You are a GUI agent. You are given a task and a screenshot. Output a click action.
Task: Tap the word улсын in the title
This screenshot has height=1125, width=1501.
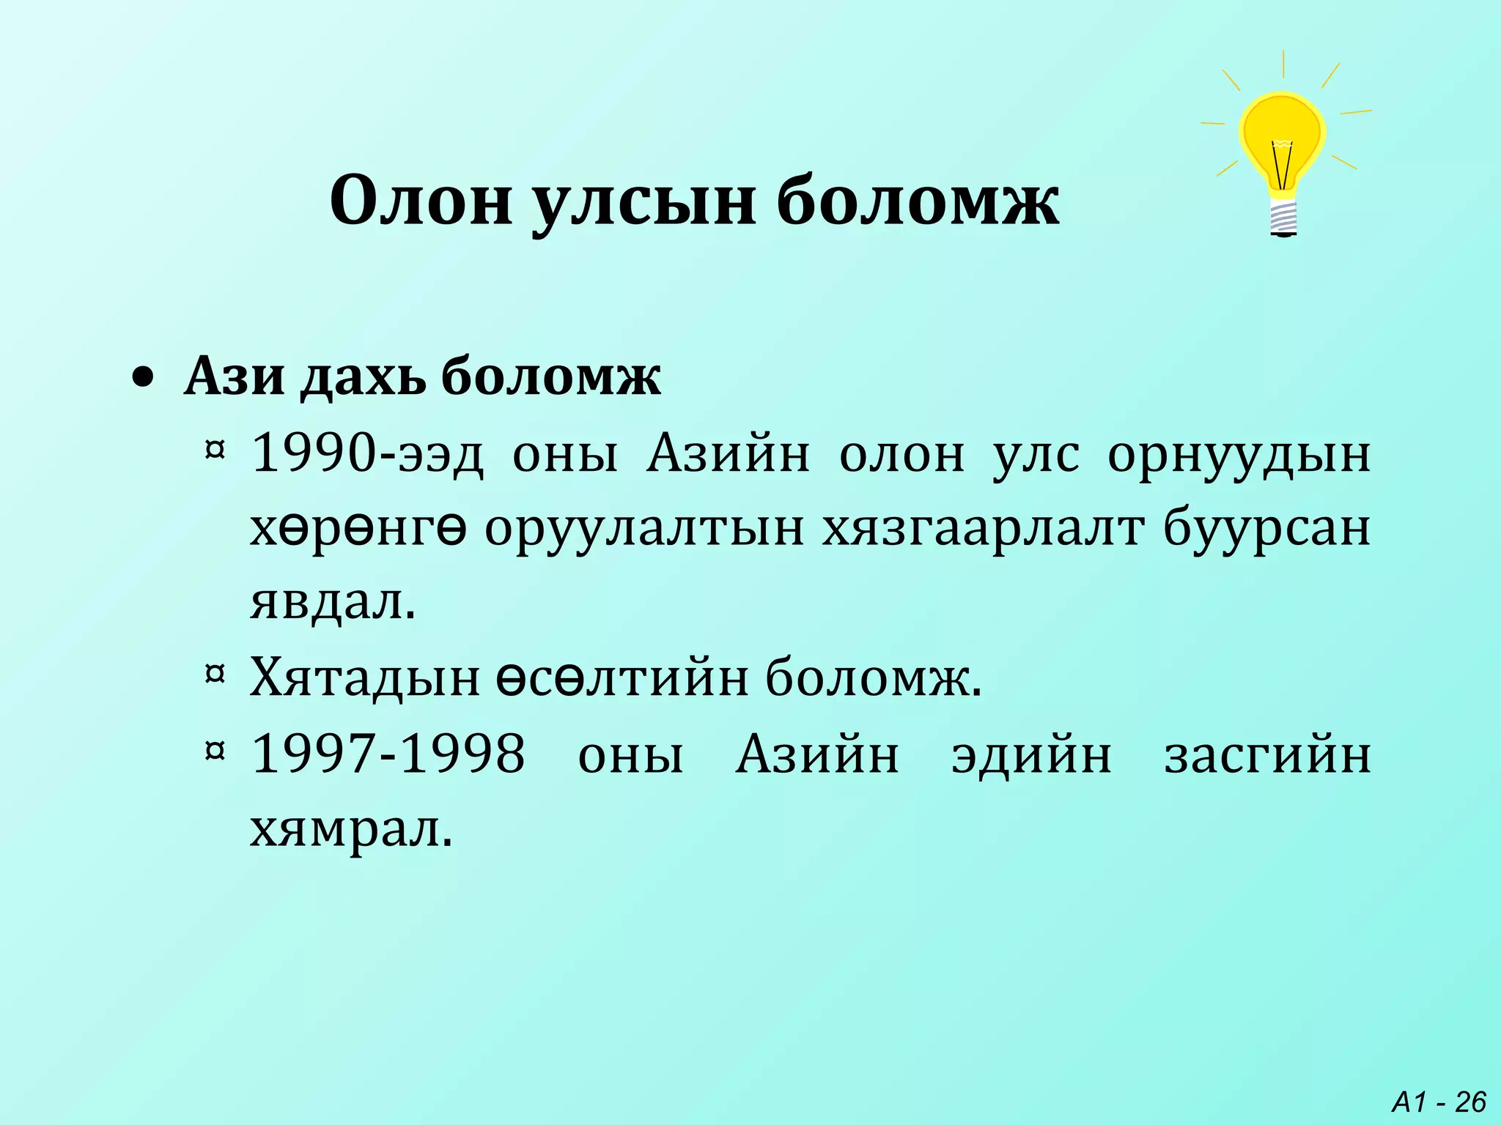(x=643, y=202)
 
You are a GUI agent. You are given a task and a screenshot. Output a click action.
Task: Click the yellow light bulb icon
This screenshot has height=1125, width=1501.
(x=1282, y=143)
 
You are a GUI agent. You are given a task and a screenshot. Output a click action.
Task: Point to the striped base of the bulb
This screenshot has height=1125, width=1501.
(x=1283, y=218)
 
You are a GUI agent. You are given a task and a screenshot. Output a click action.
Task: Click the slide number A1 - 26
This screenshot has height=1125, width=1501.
(x=1439, y=1102)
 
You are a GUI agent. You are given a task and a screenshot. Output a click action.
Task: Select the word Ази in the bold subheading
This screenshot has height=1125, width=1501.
(x=234, y=376)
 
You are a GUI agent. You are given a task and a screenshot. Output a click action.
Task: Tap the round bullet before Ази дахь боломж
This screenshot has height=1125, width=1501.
(x=144, y=378)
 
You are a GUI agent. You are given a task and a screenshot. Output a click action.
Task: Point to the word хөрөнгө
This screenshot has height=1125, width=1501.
(x=358, y=529)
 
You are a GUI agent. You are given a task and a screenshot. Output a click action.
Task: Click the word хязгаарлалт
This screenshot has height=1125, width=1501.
(x=983, y=529)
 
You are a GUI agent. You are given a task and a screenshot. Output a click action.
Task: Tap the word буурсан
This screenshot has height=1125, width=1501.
(x=1266, y=529)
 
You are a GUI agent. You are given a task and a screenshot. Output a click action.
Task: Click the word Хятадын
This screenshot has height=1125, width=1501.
(x=365, y=678)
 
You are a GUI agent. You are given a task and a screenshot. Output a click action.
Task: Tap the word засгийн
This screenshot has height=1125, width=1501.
(x=1267, y=755)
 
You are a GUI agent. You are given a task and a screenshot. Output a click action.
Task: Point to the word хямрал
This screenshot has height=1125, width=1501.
(x=351, y=831)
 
